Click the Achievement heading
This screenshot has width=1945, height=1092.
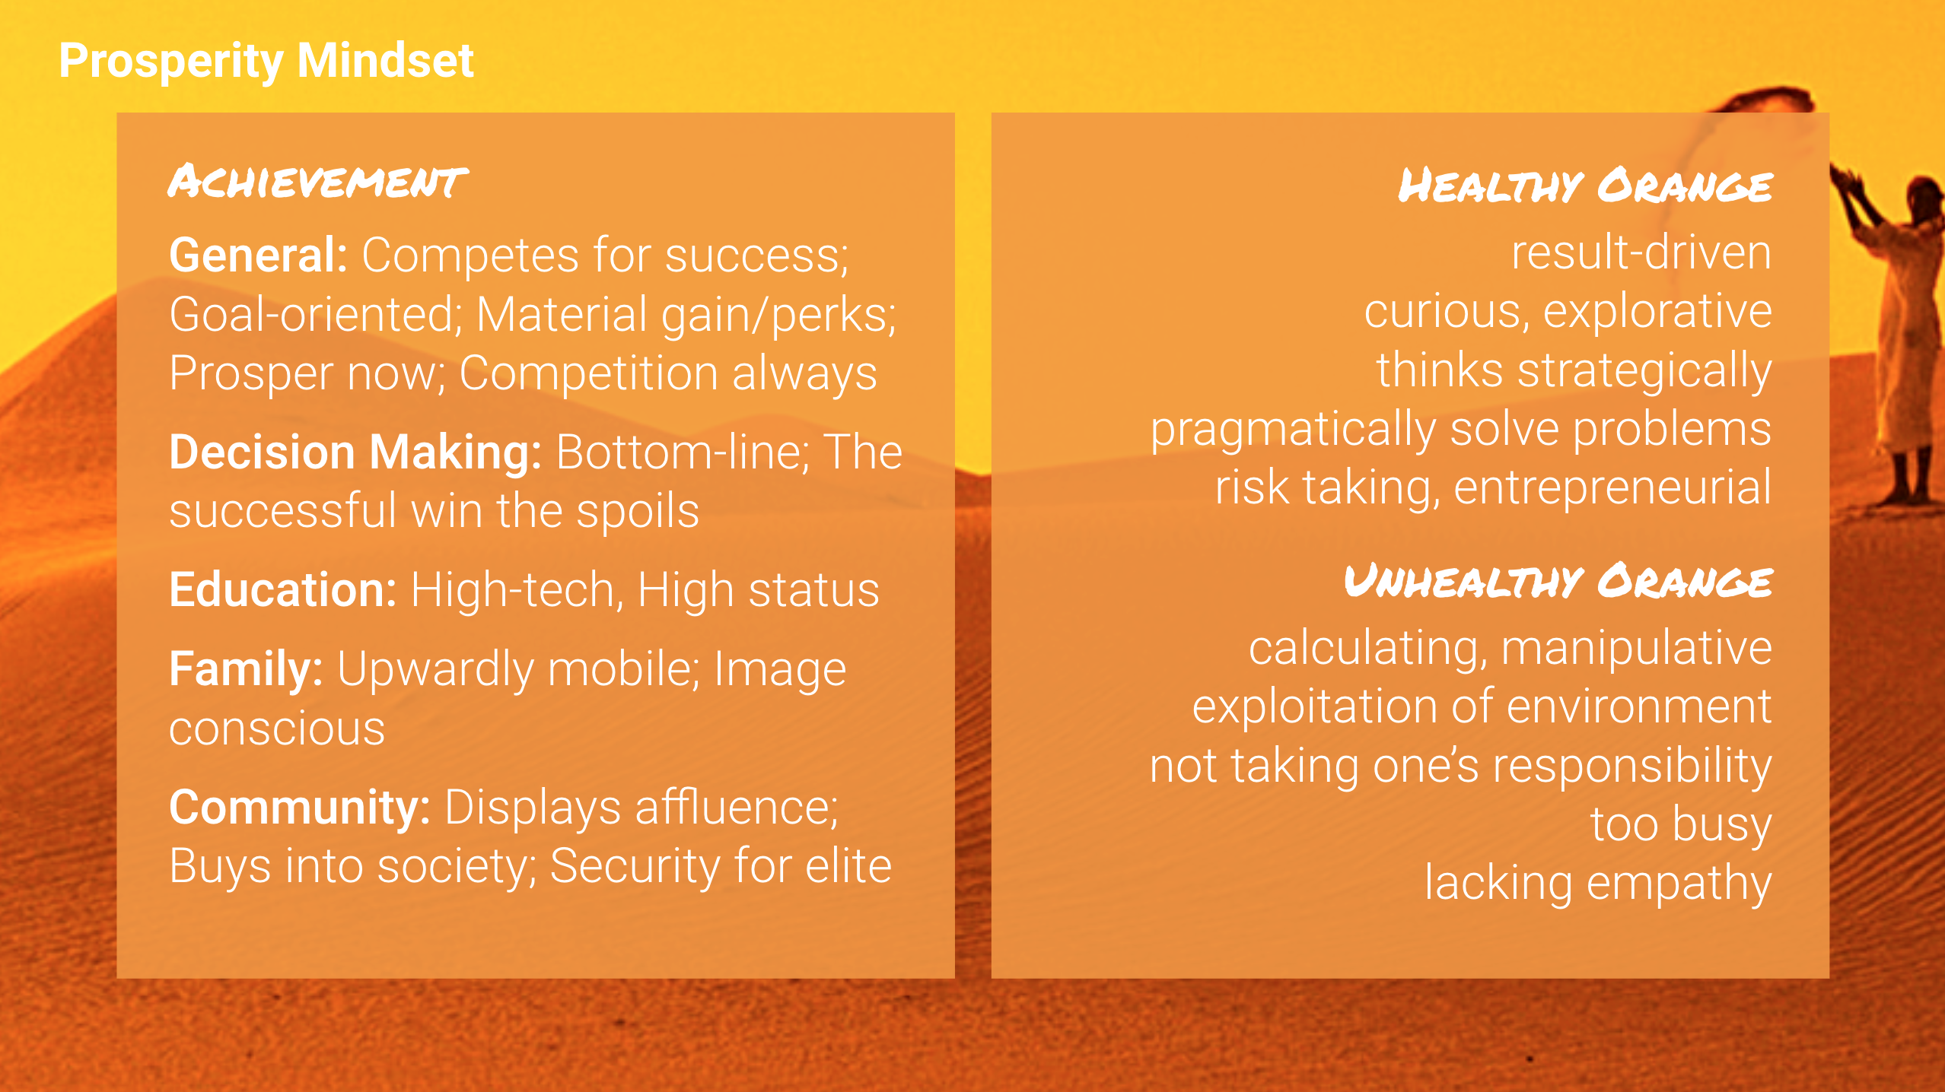pyautogui.click(x=317, y=182)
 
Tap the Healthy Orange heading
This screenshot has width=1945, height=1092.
pyautogui.click(x=1585, y=186)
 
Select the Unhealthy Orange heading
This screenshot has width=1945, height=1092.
pyautogui.click(x=1558, y=582)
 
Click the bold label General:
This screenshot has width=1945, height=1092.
pyautogui.click(x=259, y=255)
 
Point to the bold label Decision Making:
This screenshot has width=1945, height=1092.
pyautogui.click(x=355, y=453)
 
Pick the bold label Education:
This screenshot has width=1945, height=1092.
pyautogui.click(x=283, y=589)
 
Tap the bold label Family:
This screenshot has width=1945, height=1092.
pyautogui.click(x=246, y=670)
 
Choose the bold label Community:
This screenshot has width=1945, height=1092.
pyautogui.click(x=300, y=808)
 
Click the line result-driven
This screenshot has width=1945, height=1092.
pyautogui.click(x=1641, y=252)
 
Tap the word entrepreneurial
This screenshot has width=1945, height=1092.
pyautogui.click(x=1613, y=489)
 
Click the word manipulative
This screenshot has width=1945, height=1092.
pyautogui.click(x=1637, y=650)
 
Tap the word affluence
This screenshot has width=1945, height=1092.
pyautogui.click(x=737, y=808)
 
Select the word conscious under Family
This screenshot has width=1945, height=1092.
pyautogui.click(x=277, y=729)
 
